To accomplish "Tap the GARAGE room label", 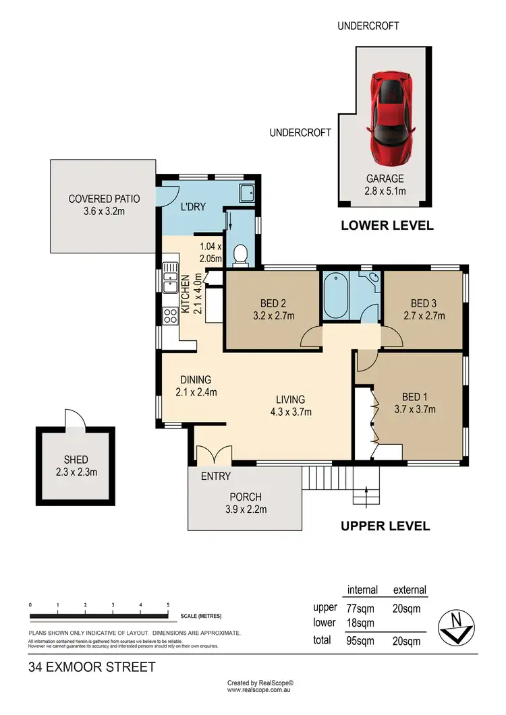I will (x=385, y=179).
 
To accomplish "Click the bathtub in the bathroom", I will (x=336, y=297).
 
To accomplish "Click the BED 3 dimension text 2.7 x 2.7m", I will (x=428, y=315).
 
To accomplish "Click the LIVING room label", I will (x=290, y=399).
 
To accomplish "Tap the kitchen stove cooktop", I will (x=169, y=315).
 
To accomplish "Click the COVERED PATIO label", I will (x=104, y=199).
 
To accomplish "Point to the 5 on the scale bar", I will (x=167, y=604).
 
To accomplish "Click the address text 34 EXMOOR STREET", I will (x=92, y=668).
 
